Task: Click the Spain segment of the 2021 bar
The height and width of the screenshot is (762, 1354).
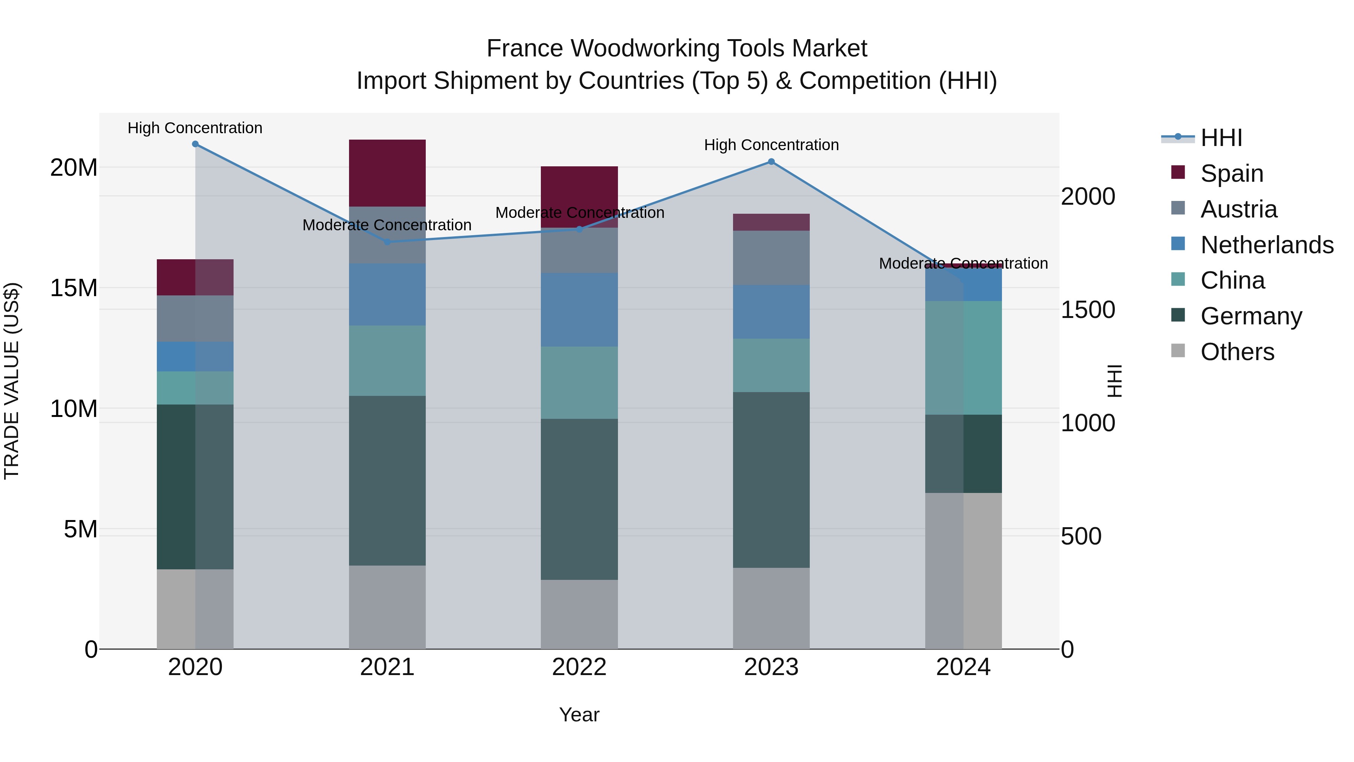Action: point(387,173)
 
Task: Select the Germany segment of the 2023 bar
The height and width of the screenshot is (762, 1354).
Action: point(771,480)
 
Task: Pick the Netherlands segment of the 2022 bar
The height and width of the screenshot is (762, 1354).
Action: point(579,309)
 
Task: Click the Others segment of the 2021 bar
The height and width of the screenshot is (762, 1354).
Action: point(387,607)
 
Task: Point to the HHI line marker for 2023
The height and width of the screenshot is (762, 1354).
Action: point(771,161)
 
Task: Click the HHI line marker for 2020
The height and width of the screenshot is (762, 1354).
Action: point(195,144)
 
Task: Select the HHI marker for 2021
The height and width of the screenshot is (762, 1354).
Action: point(387,242)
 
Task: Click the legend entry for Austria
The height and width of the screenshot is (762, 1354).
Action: point(1239,209)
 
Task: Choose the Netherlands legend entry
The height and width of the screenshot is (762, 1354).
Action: point(1267,245)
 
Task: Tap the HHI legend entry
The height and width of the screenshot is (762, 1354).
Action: point(1221,138)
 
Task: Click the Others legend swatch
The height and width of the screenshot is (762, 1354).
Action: point(1178,351)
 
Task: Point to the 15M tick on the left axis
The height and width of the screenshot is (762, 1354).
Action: point(74,288)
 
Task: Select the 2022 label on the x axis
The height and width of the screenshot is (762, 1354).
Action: point(579,667)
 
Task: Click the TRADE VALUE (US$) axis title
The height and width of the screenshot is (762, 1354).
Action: point(12,381)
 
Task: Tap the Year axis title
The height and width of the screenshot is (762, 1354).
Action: point(579,715)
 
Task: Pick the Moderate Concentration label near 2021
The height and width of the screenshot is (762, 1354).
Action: point(387,225)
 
